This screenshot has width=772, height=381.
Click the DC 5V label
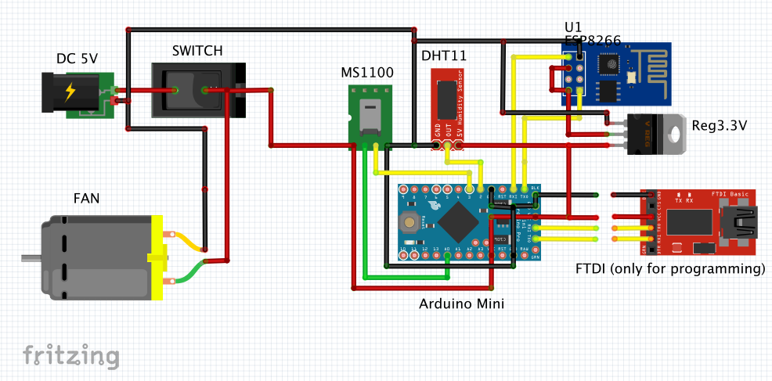(x=78, y=59)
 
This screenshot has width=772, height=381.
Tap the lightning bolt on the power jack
(x=70, y=92)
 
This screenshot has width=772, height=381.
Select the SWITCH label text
(x=197, y=51)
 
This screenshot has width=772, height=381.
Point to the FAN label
(x=86, y=198)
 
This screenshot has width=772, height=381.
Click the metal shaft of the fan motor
(x=30, y=257)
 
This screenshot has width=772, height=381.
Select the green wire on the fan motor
(x=188, y=275)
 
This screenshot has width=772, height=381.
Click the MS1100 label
(x=367, y=73)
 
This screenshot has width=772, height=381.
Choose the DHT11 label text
(x=445, y=57)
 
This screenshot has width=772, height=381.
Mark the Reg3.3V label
(x=720, y=125)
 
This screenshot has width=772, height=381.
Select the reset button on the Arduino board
(x=409, y=221)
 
